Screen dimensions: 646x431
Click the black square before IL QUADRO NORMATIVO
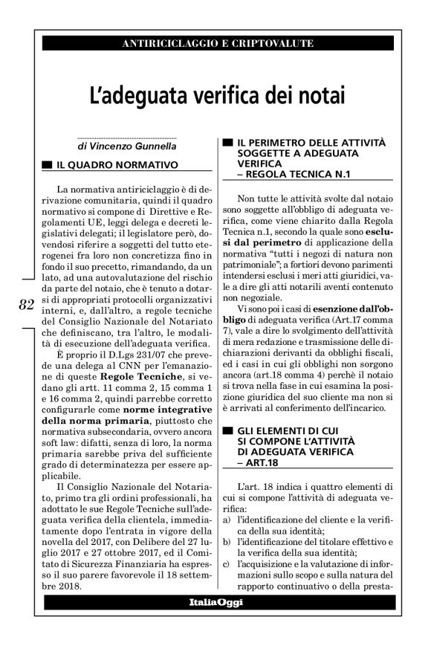click(x=47, y=163)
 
